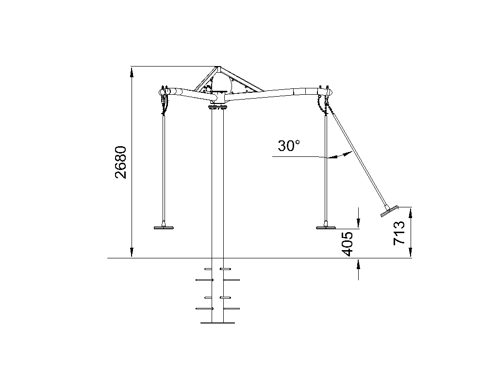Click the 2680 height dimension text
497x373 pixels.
point(121,162)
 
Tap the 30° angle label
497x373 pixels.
point(289,146)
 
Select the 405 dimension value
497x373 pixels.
point(348,244)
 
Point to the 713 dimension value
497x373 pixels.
point(399,233)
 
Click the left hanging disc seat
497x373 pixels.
point(164,227)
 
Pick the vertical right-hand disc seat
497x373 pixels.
point(326,227)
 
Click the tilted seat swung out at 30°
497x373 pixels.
point(389,212)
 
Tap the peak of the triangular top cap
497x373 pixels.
point(218,67)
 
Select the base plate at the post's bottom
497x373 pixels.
point(218,323)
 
